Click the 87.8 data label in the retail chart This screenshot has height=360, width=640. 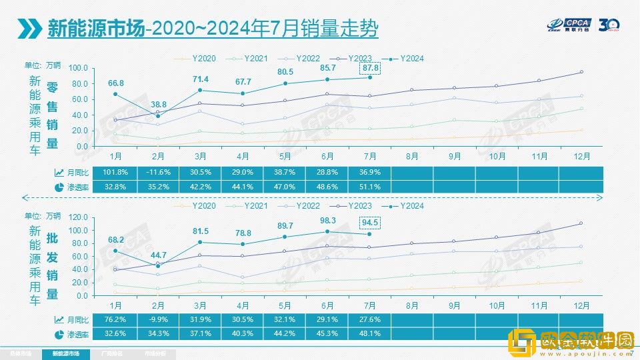point(370,67)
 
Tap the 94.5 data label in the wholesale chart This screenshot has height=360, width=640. point(370,223)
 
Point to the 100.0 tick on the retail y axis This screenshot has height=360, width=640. point(78,69)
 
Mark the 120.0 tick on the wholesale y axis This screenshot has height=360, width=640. point(78,217)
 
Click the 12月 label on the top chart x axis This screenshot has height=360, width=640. point(581,156)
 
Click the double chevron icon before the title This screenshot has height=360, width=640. point(31,28)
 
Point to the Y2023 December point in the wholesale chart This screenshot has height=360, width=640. point(581,223)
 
